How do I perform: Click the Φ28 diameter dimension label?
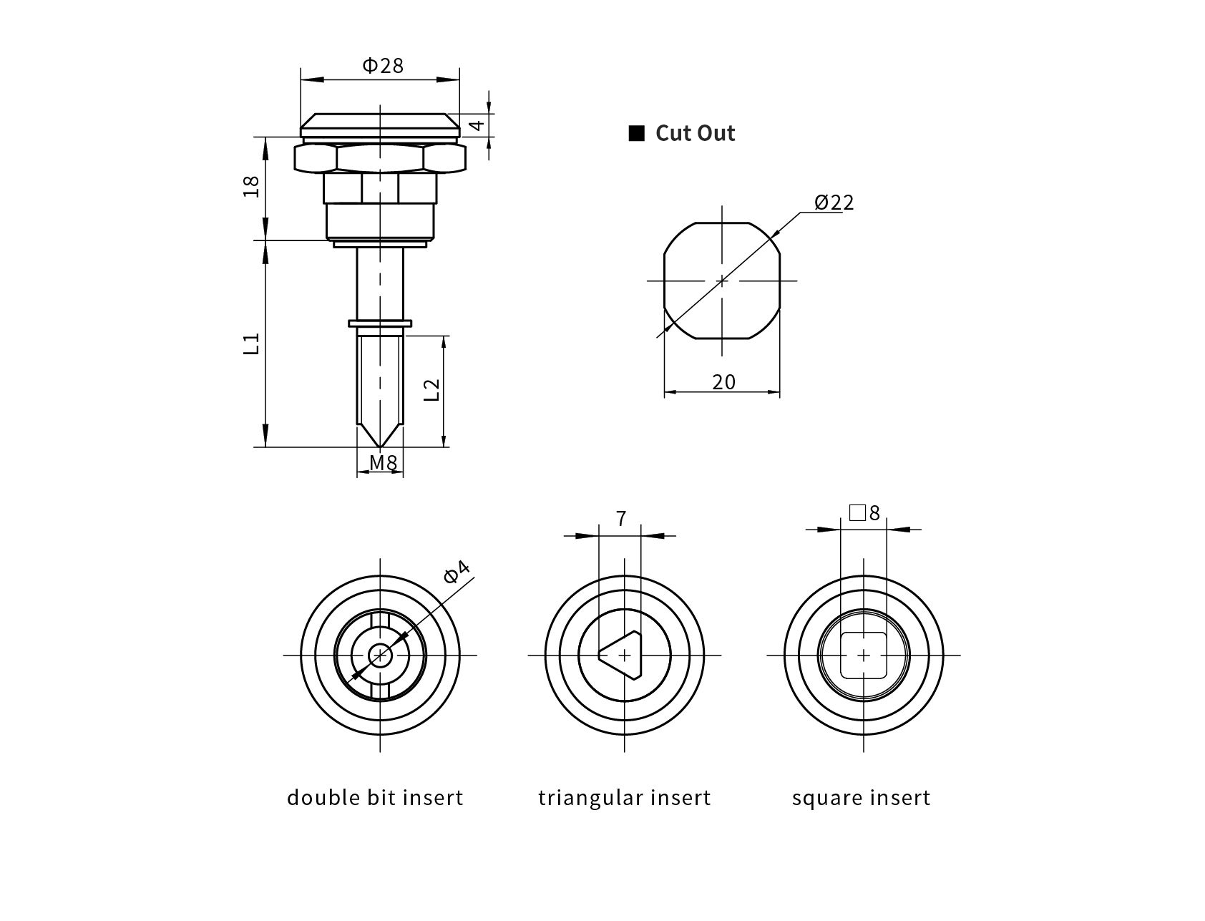coord(383,66)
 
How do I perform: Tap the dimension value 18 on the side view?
coord(251,187)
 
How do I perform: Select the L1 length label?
coord(251,344)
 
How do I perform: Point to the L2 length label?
coord(431,389)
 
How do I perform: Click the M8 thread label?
coord(383,463)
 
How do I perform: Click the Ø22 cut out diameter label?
coord(834,203)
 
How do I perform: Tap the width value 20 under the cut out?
coord(723,382)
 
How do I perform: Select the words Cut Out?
coord(695,133)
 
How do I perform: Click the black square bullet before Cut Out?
coord(636,133)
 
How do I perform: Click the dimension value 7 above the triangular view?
coord(620,518)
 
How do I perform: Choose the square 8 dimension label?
coord(864,512)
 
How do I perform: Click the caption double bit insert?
coord(375,797)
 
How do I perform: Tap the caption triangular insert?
coord(624,797)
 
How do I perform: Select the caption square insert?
coord(861,797)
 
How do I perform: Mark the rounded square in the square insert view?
coord(864,655)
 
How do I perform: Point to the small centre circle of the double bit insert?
coord(380,655)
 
